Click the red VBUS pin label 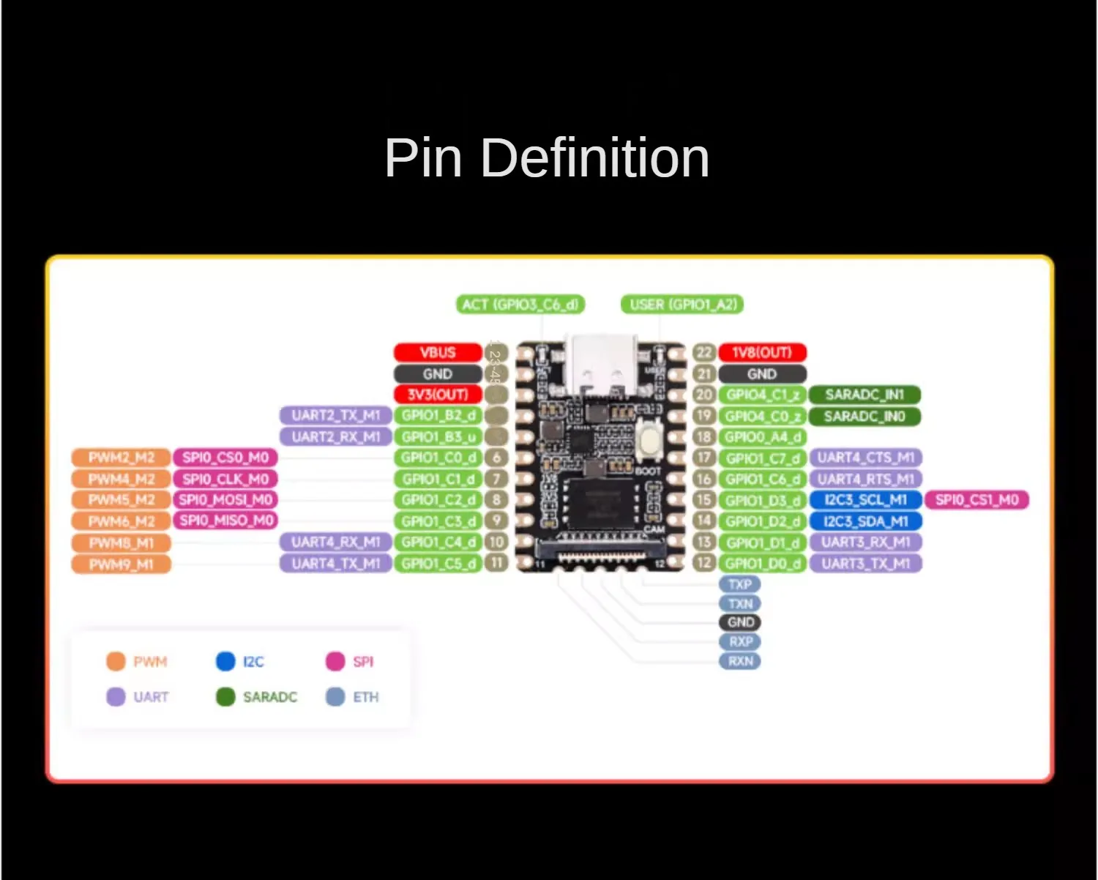438,353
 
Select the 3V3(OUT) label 438,395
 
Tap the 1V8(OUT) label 762,353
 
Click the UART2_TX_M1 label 336,416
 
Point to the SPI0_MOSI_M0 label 225,500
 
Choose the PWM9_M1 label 121,564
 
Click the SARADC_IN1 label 864,395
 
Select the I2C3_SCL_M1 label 865,500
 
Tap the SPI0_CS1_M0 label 976,500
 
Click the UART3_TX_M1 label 865,564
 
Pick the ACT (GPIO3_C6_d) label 520,305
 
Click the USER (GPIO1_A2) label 682,305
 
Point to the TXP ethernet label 740,584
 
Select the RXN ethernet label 740,661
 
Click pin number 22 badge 703,353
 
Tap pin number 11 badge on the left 497,564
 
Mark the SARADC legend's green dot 225,697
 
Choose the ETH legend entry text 366,697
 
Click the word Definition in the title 595,157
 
